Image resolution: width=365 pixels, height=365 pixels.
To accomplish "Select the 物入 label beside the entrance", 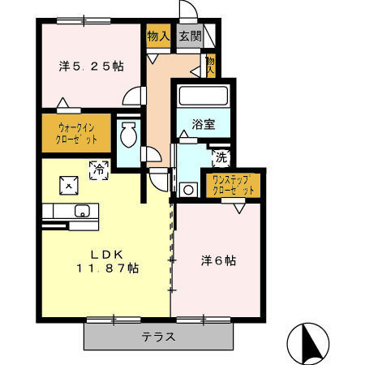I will pos(158,36).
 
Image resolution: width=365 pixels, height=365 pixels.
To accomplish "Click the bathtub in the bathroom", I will pos(204,96).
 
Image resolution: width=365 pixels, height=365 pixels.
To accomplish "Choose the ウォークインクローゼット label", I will pos(78,133).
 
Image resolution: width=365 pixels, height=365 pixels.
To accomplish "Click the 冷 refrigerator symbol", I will pos(99,170).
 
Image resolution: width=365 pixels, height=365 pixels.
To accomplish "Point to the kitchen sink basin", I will pos(82,211).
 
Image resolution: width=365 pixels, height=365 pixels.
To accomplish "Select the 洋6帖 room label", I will pos(218,260).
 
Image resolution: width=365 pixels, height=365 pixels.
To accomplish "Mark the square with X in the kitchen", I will pos(69,185).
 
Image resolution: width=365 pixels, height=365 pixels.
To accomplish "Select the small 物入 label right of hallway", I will pos(210,65).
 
